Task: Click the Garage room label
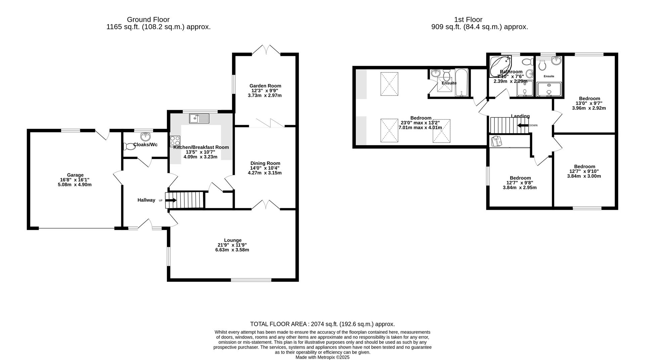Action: [75, 175]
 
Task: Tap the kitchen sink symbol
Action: [199, 118]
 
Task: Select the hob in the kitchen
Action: [175, 141]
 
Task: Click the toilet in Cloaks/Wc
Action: [129, 147]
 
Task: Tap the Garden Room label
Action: [265, 86]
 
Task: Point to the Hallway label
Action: [146, 200]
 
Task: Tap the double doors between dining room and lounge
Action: [266, 205]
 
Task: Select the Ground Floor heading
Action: [148, 19]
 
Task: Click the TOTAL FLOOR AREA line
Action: [322, 324]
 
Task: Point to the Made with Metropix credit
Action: [322, 357]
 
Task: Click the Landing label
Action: [520, 116]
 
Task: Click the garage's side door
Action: [102, 134]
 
